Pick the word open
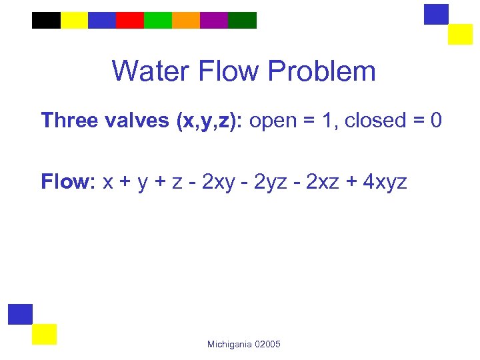pyautogui.click(x=273, y=121)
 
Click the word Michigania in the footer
pyautogui.click(x=229, y=344)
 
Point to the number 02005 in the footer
pyautogui.click(x=267, y=344)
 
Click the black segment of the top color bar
pyautogui.click(x=46, y=20)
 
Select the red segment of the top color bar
pyautogui.click(x=130, y=20)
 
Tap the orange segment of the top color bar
pyautogui.click(x=186, y=20)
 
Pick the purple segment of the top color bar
pyautogui.click(x=214, y=20)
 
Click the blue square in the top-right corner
pyautogui.click(x=436, y=14)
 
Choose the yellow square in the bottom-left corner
pyautogui.click(x=45, y=334)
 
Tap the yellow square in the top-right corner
pyautogui.click(x=460, y=34)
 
